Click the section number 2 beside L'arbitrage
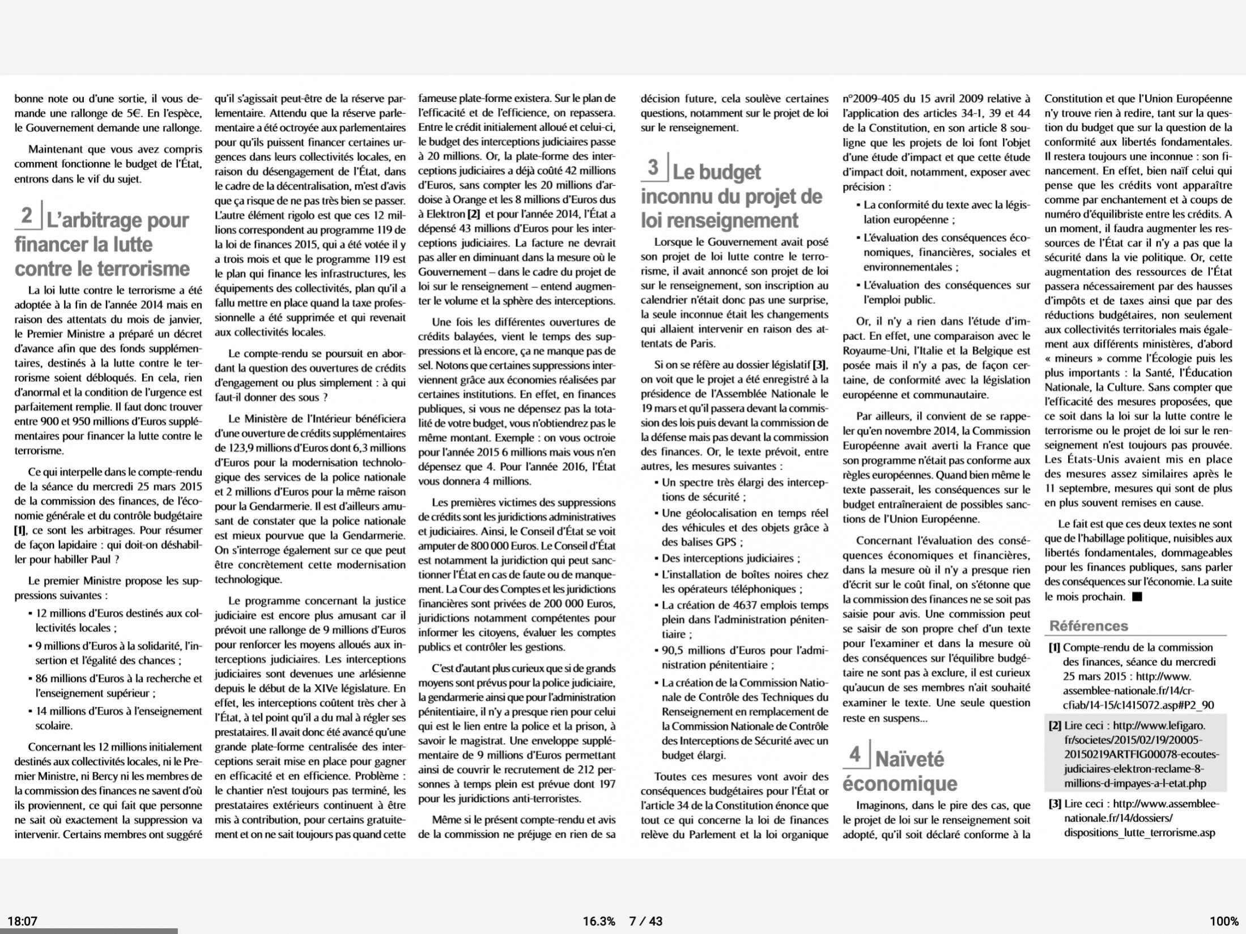tap(27, 216)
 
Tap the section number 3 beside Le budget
tap(653, 168)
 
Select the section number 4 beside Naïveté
tap(855, 754)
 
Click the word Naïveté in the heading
tap(909, 759)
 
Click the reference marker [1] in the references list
tap(1054, 647)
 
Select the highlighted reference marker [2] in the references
tap(1055, 726)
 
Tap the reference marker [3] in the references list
tap(1054, 804)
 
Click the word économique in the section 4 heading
tap(900, 784)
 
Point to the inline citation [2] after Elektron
tap(474, 214)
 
